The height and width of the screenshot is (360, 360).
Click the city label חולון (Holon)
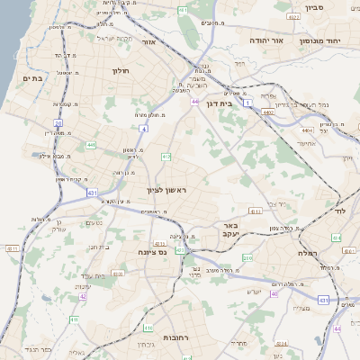point(121,70)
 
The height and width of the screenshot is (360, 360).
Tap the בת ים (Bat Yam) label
point(31,79)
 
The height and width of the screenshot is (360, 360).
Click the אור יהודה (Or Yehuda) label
point(290,40)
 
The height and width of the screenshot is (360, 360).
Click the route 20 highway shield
point(59,123)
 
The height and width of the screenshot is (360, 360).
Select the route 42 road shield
point(82,295)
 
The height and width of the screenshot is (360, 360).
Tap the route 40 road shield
point(274,294)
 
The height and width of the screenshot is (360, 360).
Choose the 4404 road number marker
point(307,130)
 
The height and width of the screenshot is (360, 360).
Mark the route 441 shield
point(91,144)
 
